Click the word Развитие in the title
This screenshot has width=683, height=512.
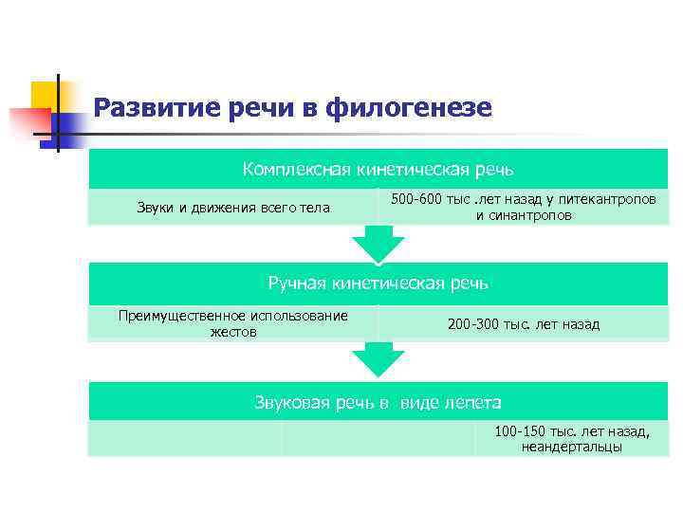point(156,108)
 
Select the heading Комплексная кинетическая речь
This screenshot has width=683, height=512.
point(378,170)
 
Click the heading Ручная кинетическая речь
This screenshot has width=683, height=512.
point(378,283)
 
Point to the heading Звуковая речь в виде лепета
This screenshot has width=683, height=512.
point(378,402)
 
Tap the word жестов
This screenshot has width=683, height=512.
point(232,332)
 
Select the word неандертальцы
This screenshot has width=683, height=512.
point(571,447)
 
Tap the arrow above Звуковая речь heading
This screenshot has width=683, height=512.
point(378,359)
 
